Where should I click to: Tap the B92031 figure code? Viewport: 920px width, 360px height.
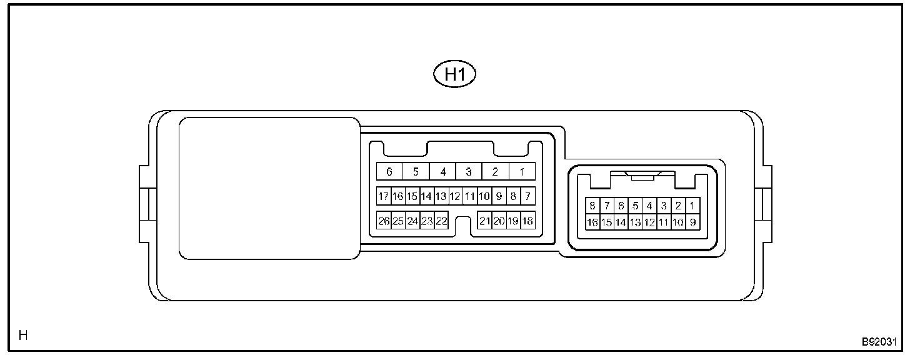pos(879,342)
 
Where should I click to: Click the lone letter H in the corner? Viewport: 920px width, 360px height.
pos(23,336)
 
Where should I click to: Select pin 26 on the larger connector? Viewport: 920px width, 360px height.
pos(384,221)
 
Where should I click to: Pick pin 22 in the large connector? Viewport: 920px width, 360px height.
pos(441,221)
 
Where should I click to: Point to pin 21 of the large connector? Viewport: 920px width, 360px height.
pos(484,221)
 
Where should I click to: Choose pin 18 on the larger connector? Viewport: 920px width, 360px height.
pos(527,221)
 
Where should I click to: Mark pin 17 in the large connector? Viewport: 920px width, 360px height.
pos(384,197)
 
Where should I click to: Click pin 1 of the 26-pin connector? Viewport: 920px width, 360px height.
pos(522,172)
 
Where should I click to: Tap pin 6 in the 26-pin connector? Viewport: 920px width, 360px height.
pos(389,172)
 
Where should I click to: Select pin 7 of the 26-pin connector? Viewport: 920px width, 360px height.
pos(527,197)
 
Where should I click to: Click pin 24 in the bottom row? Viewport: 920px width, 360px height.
pos(412,221)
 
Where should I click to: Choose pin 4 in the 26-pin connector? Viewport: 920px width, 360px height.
pos(442,172)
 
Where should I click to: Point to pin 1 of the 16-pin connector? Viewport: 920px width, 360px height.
pos(692,206)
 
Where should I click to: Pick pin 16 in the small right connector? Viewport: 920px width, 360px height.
pos(592,222)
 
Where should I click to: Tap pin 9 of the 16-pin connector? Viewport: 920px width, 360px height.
pos(692,222)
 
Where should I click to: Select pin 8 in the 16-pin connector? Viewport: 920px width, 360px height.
pos(592,206)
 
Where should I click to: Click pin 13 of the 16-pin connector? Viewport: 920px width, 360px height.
pos(635,222)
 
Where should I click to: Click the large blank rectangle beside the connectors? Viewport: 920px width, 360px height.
pos(269,188)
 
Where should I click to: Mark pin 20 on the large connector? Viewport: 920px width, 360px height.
pos(499,221)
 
